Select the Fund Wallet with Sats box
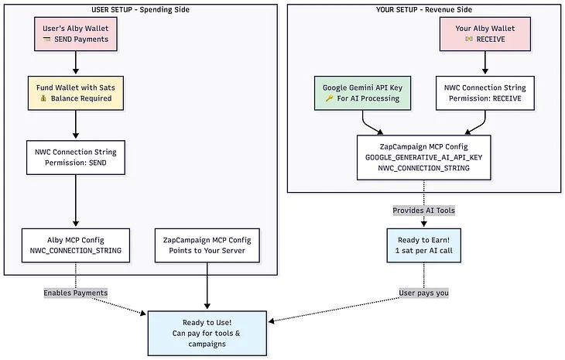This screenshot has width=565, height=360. pos(75,94)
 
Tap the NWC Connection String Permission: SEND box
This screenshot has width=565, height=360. pos(75,157)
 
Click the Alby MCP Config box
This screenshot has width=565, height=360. pos(75,244)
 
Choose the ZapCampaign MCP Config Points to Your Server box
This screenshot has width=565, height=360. pos(207,244)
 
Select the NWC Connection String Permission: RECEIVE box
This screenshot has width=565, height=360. pos(485,94)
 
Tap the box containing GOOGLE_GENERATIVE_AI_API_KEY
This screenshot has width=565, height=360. pos(423,157)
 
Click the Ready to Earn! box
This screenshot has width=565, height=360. pos(423,244)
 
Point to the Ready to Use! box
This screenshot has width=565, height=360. pos(207,333)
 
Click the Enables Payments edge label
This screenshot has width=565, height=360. pos(75,293)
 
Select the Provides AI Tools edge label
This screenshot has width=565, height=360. pos(423,210)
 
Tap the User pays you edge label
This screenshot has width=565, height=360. pos(423,293)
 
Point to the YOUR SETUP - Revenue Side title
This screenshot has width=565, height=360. pos(423,9)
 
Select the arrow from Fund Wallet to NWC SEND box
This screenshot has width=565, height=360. pos(75,125)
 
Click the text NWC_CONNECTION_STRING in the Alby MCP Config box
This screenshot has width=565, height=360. pos(75,251)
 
